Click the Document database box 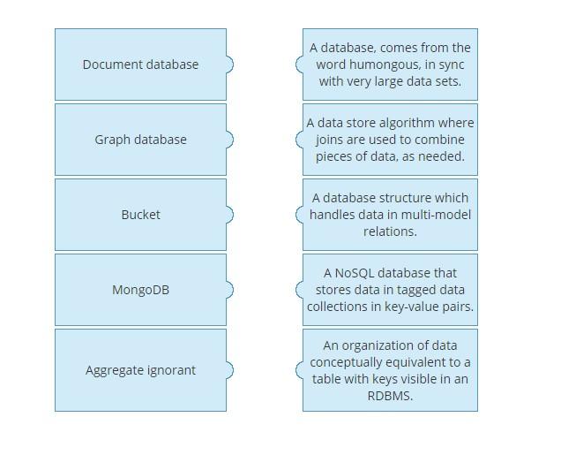[x=140, y=64]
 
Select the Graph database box [x=140, y=140]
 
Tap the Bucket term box [x=140, y=215]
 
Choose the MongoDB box [x=140, y=290]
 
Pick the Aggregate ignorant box [x=140, y=370]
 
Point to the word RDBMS [x=390, y=396]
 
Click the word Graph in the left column [x=113, y=140]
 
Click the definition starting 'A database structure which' [x=390, y=215]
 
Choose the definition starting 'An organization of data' [x=390, y=370]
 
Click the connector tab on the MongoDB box [x=229, y=290]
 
